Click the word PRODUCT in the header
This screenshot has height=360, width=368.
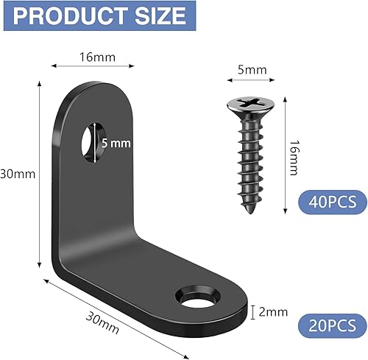coord(69,15)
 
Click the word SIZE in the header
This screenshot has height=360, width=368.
coord(160,15)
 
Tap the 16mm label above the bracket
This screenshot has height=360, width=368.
coord(97,57)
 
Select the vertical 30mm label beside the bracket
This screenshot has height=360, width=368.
coord(18,174)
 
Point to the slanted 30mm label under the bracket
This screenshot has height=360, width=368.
coord(102,322)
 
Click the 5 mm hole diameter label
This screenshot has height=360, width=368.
coord(116,143)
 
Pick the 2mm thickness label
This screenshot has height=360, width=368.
coord(273,312)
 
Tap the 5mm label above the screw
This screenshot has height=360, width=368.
coord(252,70)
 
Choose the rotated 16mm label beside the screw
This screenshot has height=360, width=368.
coord(294,158)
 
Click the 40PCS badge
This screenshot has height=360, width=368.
coord(333,202)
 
